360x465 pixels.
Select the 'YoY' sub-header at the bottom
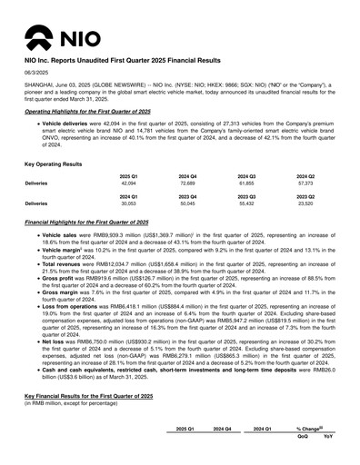(328, 436)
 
